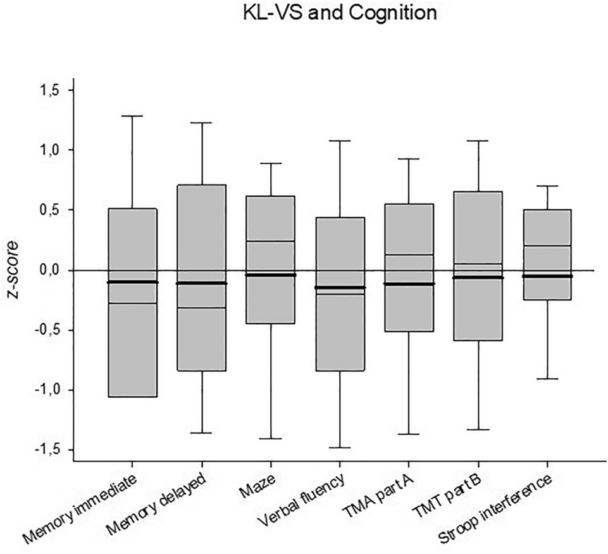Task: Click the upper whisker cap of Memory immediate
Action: point(132,116)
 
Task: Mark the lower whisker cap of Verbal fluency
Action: point(340,447)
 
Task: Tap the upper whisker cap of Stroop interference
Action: point(547,186)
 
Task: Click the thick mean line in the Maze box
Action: point(270,275)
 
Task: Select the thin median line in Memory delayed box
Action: point(201,308)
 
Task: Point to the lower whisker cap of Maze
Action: point(270,438)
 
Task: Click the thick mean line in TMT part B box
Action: point(478,278)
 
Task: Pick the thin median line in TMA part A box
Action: point(409,255)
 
